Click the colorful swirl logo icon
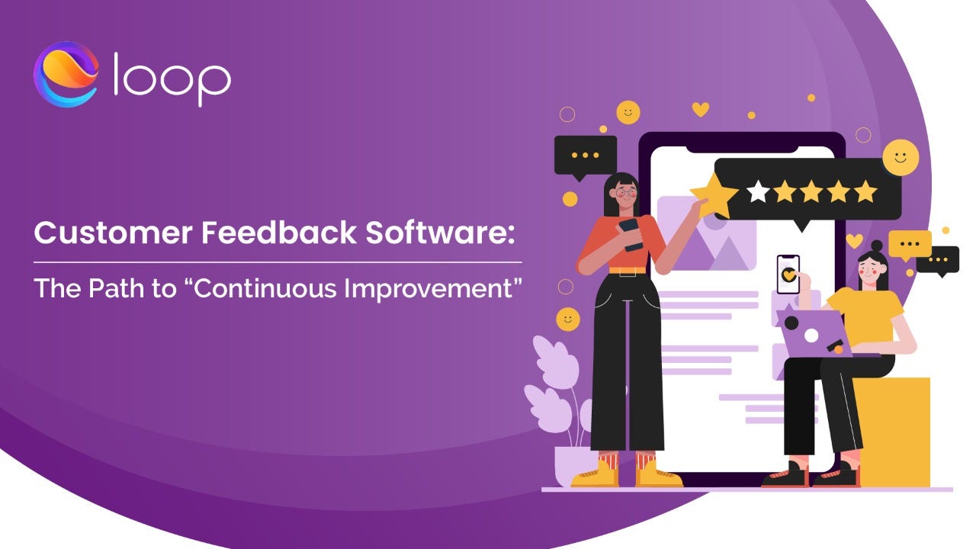tap(66, 74)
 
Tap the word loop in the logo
tap(172, 79)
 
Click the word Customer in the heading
tap(114, 233)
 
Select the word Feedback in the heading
tap(279, 233)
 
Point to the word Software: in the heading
tap(440, 233)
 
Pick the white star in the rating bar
tap(758, 191)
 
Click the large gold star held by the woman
tap(714, 196)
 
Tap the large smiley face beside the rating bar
tap(901, 158)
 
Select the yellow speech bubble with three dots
tap(910, 245)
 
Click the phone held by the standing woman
tap(631, 234)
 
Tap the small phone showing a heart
tap(788, 274)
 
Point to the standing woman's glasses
tap(626, 191)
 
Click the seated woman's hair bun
tap(877, 246)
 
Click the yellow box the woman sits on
tap(893, 432)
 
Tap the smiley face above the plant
tap(568, 319)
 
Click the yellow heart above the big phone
tap(701, 109)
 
